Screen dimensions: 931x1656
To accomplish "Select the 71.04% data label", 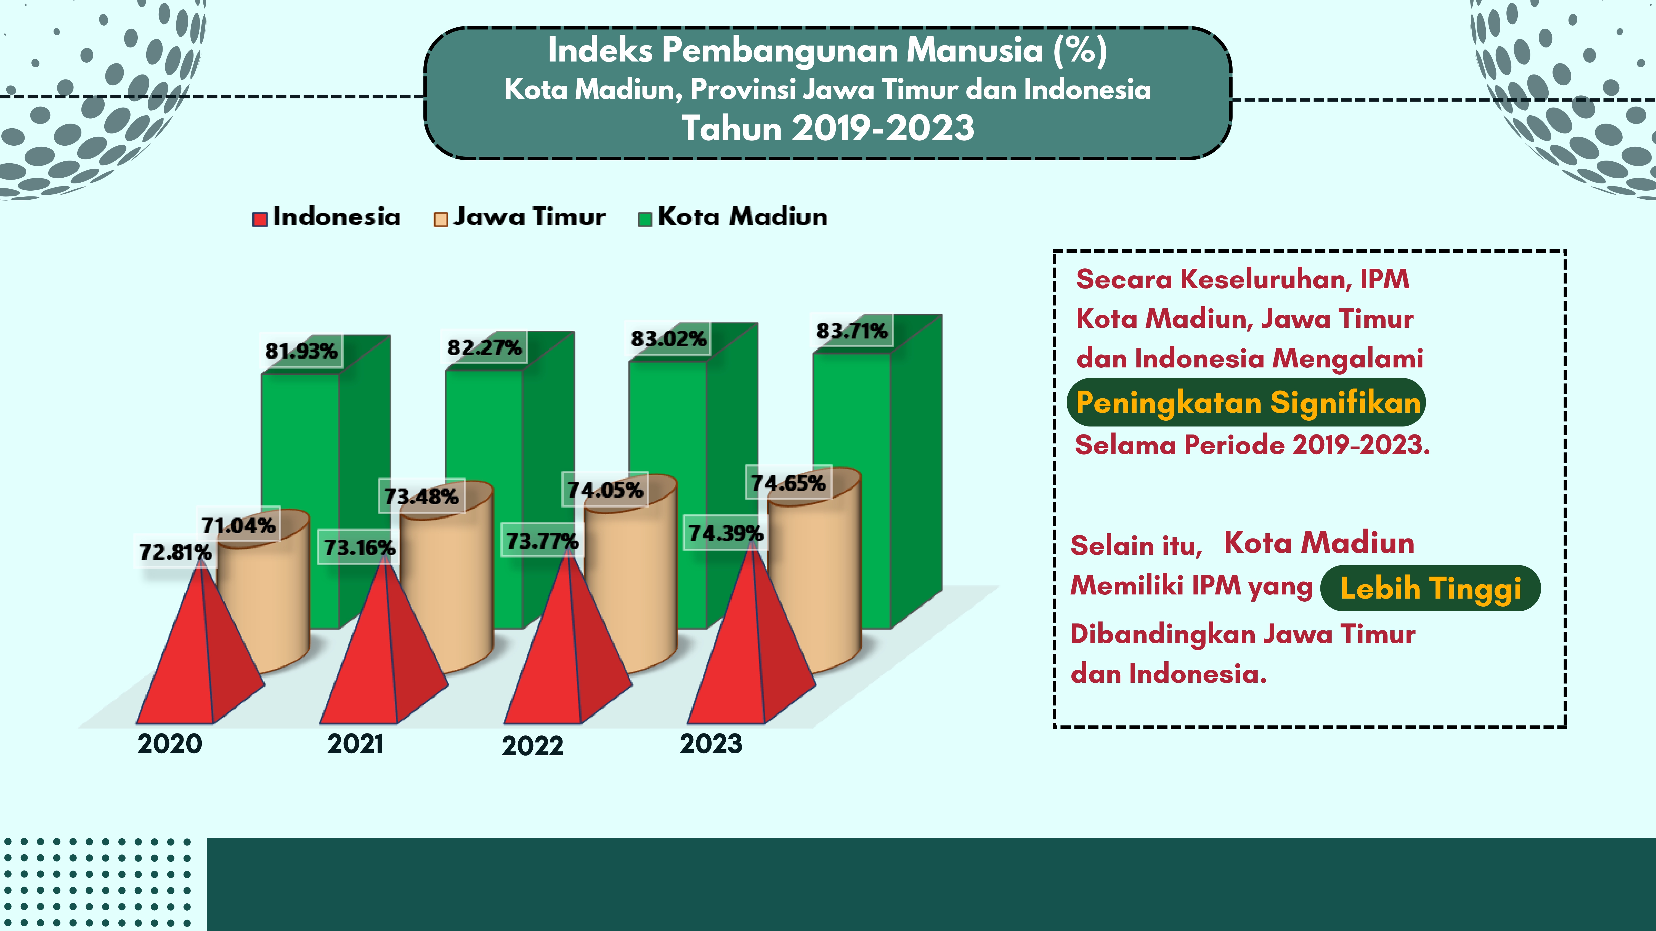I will coord(238,525).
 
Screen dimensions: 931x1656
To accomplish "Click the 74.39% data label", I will coord(725,533).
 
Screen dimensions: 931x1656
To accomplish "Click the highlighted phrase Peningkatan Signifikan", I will coord(1247,403).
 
